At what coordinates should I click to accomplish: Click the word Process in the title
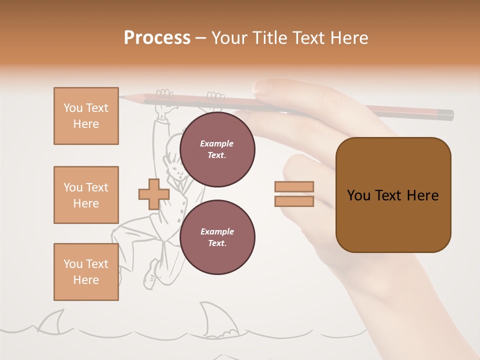(x=157, y=38)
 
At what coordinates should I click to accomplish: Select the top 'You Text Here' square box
(x=86, y=116)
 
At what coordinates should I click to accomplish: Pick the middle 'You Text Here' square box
(x=86, y=195)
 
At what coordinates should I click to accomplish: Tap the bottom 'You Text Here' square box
(x=86, y=272)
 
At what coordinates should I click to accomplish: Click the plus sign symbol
(x=154, y=194)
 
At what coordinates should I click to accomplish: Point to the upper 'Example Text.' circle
(x=217, y=149)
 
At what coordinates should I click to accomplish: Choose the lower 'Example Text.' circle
(x=217, y=237)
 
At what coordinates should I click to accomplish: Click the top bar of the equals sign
(x=294, y=186)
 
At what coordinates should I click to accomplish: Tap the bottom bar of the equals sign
(x=294, y=201)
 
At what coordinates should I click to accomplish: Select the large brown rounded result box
(x=393, y=195)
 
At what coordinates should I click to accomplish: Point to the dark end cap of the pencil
(x=447, y=115)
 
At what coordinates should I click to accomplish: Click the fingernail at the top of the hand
(x=263, y=87)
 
